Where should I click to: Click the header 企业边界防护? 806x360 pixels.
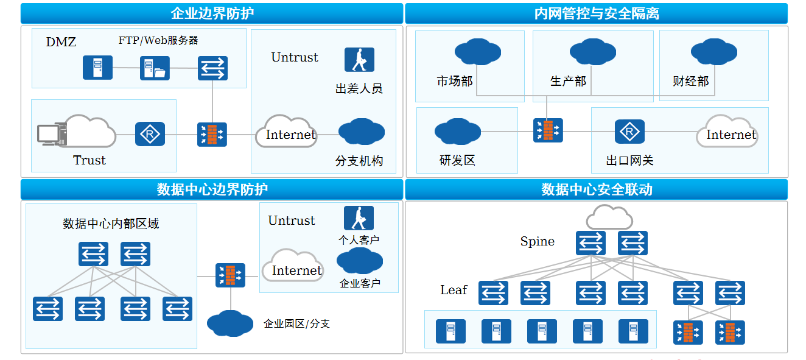click(212, 13)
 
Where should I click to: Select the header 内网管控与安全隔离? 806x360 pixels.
click(596, 13)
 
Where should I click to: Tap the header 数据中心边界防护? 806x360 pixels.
click(212, 189)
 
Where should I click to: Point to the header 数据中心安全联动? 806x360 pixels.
click(596, 189)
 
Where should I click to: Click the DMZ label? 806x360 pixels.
click(61, 42)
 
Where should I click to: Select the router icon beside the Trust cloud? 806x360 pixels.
click(150, 134)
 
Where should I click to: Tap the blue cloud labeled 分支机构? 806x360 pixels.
click(361, 132)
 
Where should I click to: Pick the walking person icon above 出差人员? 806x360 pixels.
click(359, 60)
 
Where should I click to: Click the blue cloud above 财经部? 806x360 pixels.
click(714, 51)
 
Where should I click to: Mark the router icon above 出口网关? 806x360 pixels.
click(629, 132)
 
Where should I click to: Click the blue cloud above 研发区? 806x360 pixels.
click(457, 132)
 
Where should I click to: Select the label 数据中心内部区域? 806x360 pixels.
click(111, 224)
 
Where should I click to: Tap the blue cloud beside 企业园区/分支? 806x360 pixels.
click(230, 323)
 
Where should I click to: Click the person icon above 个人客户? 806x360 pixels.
click(359, 218)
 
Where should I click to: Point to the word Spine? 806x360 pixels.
click(537, 242)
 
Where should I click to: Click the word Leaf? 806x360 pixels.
click(454, 290)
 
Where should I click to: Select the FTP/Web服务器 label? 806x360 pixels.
click(158, 40)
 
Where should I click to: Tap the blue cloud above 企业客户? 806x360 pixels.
click(359, 261)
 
